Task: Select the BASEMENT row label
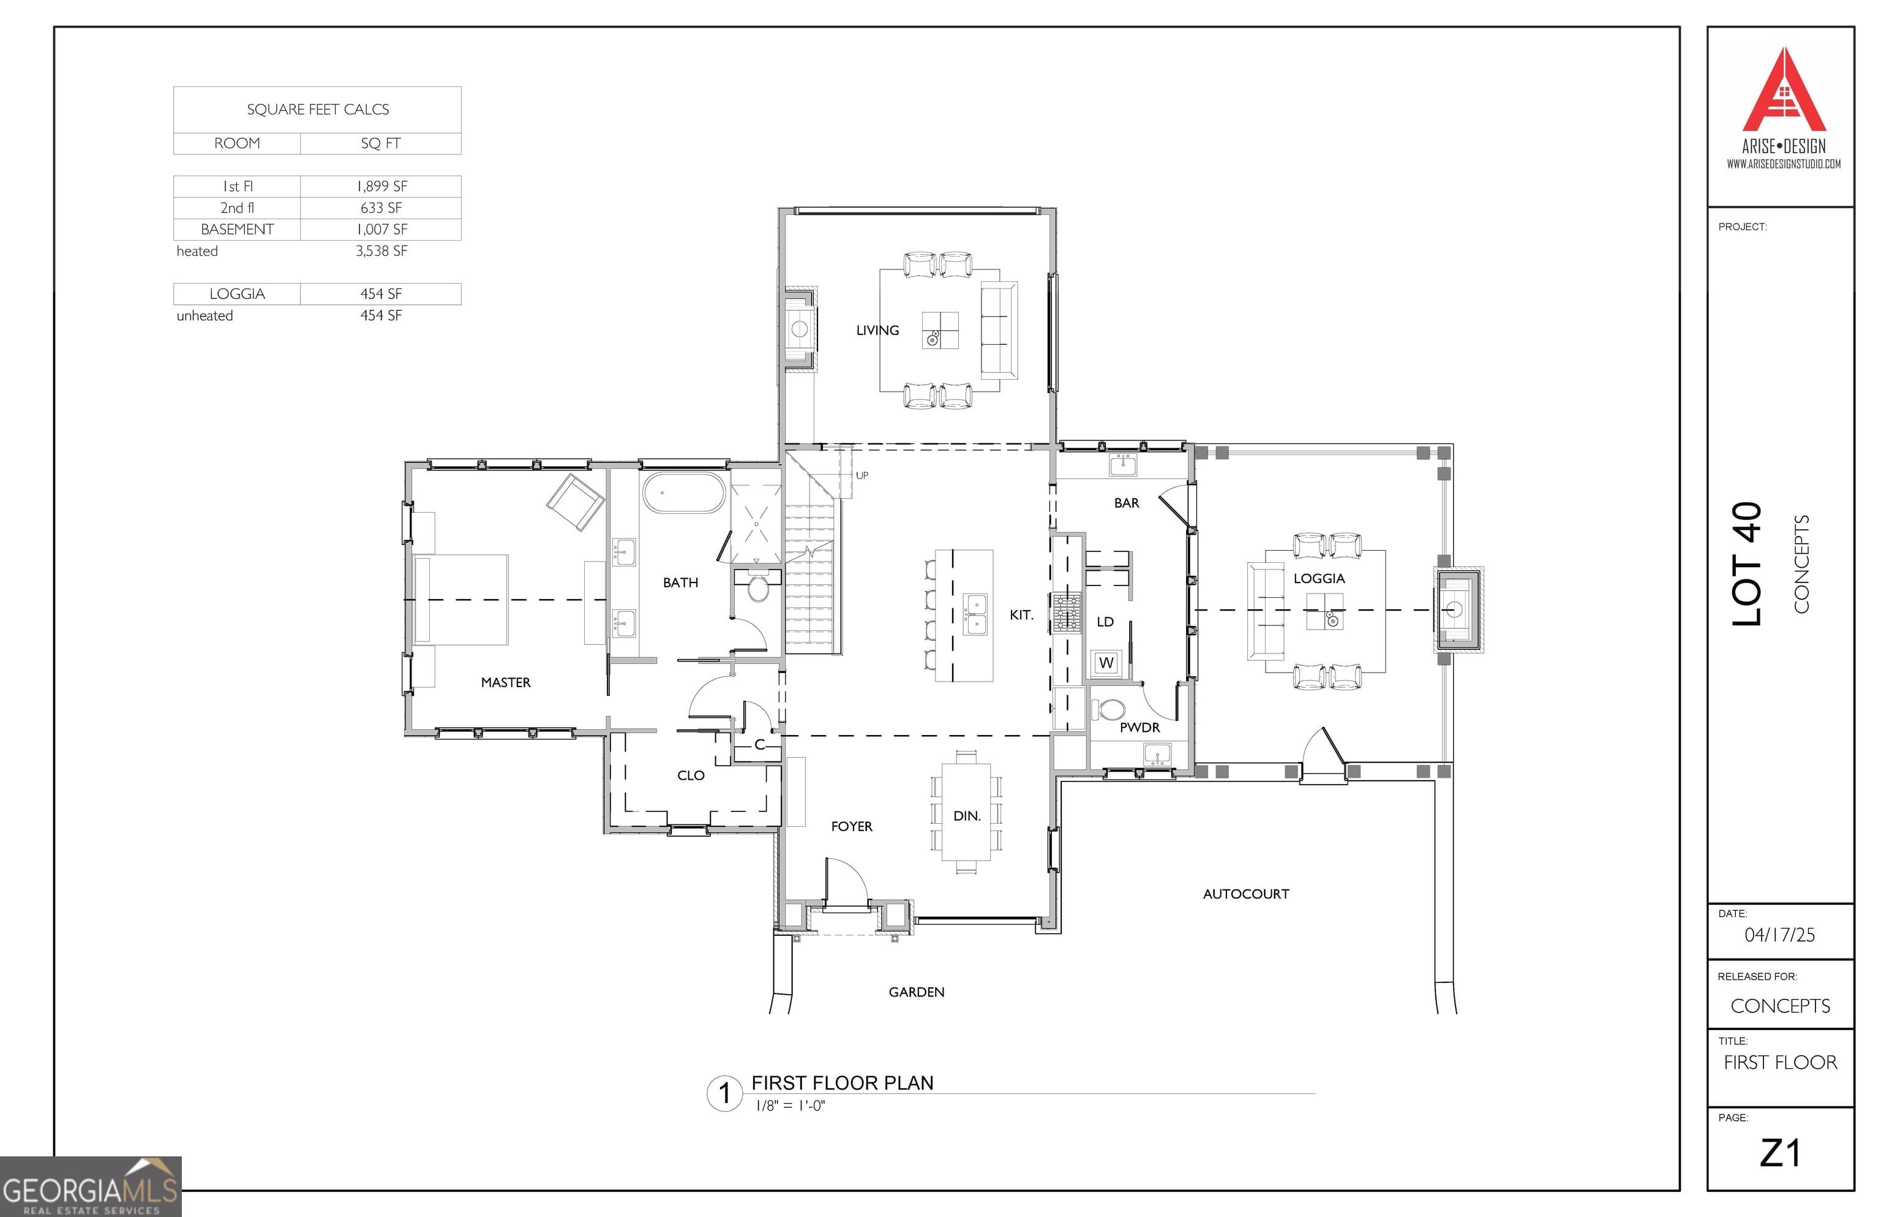coord(237,229)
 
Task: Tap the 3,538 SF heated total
coord(381,251)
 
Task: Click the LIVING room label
coord(877,330)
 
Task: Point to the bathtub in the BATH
coord(683,493)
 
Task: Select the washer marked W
coord(1105,662)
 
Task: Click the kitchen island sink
coord(975,615)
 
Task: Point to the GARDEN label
coord(915,992)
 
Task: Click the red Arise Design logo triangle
coord(1783,95)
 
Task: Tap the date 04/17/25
coord(1779,935)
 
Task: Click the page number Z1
coord(1779,1153)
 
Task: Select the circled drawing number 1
coord(724,1094)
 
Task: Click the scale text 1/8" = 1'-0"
coord(790,1106)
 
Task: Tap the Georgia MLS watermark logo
coord(90,1187)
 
